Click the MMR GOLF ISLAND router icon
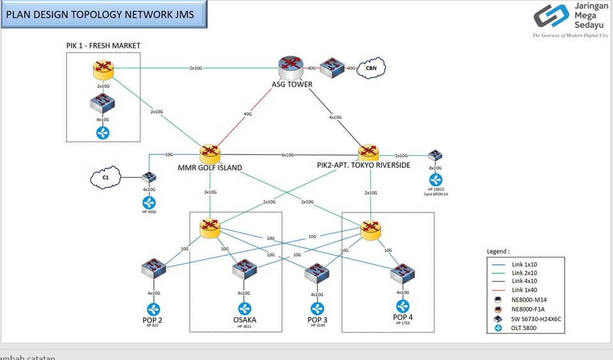(209, 153)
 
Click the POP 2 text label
(152, 320)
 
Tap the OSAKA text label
(243, 320)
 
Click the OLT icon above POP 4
(403, 306)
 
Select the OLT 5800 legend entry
(523, 328)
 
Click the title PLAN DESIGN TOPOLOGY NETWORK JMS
(105, 15)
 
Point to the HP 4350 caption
(149, 211)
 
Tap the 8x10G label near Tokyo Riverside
(435, 168)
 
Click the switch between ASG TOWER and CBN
(332, 68)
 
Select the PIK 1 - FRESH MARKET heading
(103, 45)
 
